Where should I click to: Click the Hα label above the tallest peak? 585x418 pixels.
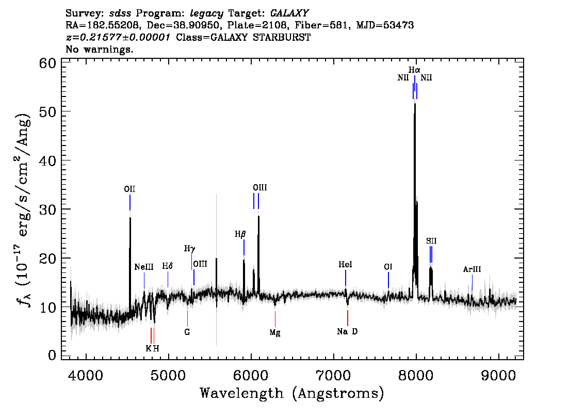(x=414, y=70)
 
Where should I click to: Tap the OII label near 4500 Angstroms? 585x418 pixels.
(x=129, y=189)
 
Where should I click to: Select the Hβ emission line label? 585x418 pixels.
(x=240, y=234)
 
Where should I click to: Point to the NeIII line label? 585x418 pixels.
(x=144, y=267)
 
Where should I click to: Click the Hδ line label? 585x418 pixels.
(x=168, y=266)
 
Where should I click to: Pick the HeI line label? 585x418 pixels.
(x=345, y=265)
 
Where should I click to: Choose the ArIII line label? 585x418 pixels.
(x=472, y=269)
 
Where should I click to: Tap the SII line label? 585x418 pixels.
(x=431, y=241)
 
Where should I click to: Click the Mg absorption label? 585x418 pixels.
(x=275, y=332)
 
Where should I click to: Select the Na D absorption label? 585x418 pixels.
(x=347, y=331)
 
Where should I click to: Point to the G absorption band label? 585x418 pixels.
(x=187, y=332)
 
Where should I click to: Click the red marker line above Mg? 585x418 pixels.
(x=275, y=319)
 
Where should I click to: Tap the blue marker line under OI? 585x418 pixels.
(x=388, y=280)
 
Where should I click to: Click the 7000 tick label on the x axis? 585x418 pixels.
(x=333, y=375)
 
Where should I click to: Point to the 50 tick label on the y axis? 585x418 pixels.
(x=48, y=111)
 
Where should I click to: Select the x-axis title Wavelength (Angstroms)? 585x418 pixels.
(x=292, y=393)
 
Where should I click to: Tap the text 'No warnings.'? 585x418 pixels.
(x=100, y=49)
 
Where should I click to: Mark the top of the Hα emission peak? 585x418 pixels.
(x=415, y=104)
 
